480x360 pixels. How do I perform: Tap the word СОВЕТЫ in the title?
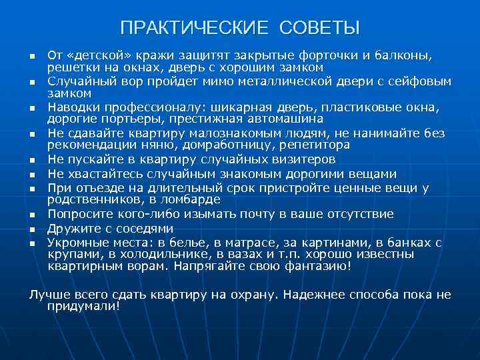[315, 28]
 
